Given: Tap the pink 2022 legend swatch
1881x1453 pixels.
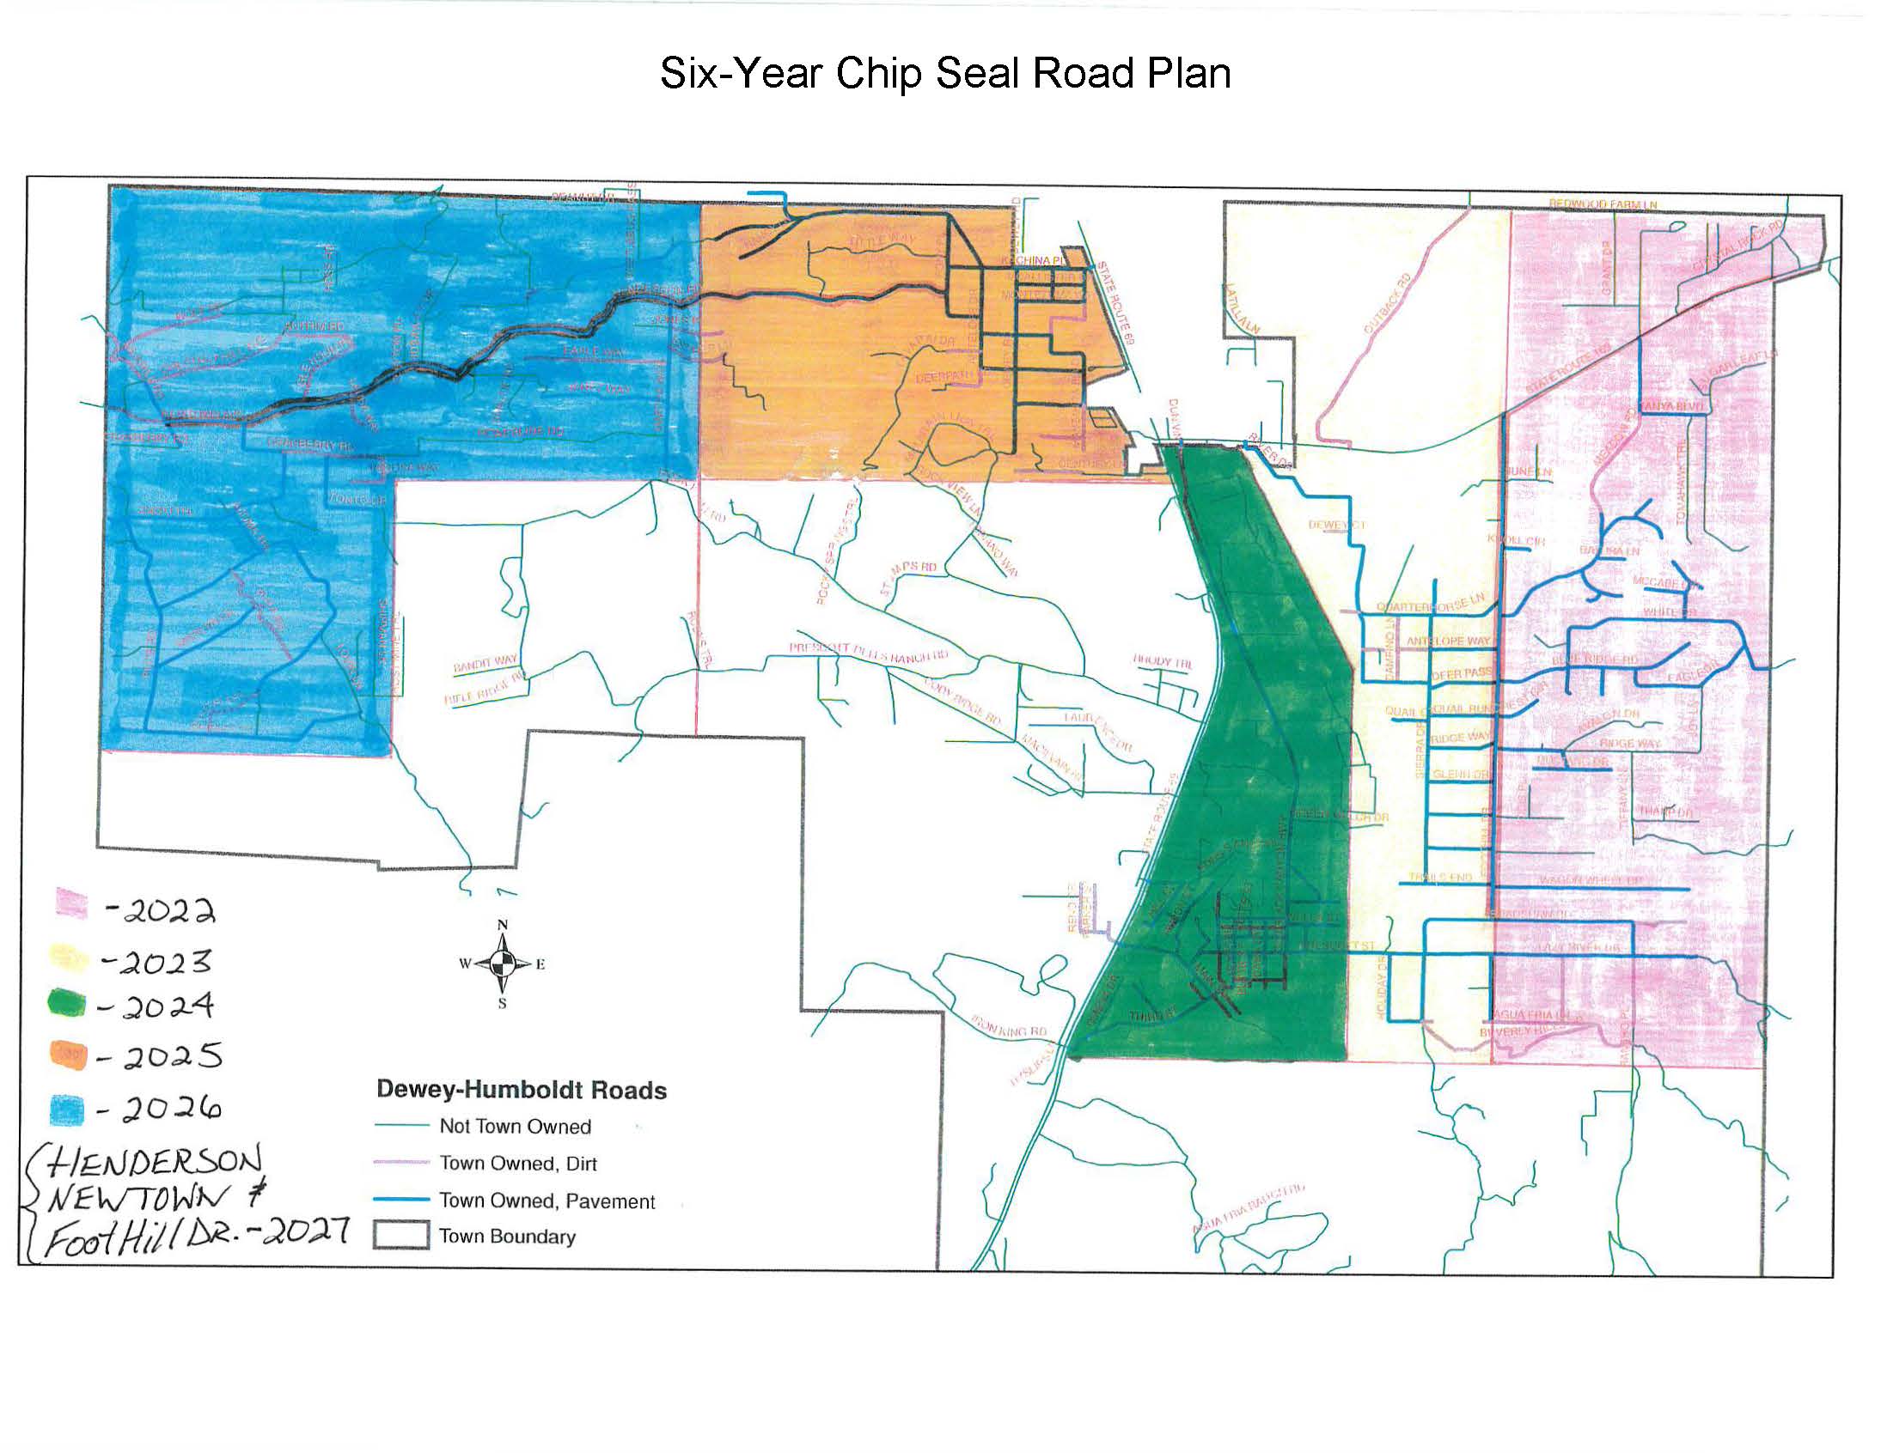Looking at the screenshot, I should (x=70, y=903).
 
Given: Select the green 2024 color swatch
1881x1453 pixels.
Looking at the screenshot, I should (x=67, y=1004).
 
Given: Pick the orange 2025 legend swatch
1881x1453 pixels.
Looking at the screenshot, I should (x=68, y=1055).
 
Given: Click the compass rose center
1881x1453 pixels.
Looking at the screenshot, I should (x=503, y=964).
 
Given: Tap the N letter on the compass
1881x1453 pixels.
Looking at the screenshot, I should (x=503, y=926).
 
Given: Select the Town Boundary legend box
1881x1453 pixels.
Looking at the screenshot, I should (x=400, y=1236).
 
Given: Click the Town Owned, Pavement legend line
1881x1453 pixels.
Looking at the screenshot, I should (x=401, y=1200).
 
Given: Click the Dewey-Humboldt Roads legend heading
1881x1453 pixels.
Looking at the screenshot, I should (x=521, y=1091).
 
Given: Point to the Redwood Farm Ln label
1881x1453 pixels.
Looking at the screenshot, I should (x=1603, y=205).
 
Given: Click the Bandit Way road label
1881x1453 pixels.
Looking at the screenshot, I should (x=486, y=664).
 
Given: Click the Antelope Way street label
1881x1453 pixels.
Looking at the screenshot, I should (x=1448, y=641).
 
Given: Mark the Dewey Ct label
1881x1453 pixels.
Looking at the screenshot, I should (x=1337, y=524).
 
